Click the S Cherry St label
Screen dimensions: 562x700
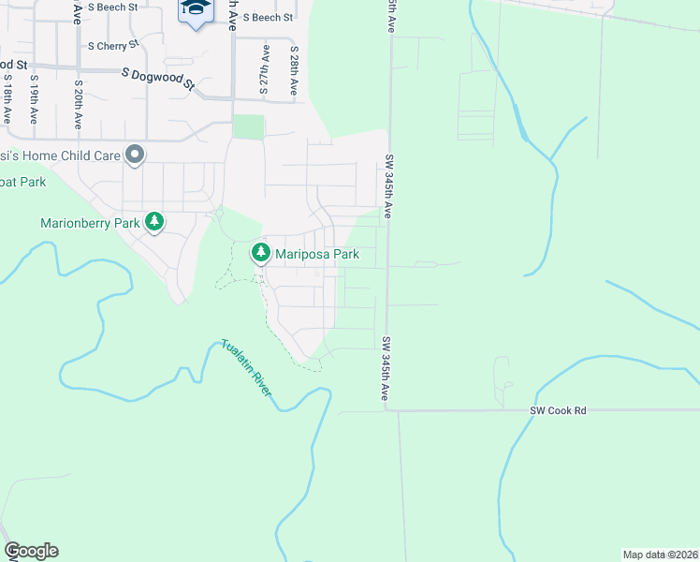click(x=112, y=45)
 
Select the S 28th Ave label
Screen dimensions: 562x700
click(x=294, y=70)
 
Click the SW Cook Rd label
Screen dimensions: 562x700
click(x=558, y=410)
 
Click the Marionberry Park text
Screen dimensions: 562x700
click(x=90, y=223)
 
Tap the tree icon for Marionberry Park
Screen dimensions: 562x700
click(x=154, y=222)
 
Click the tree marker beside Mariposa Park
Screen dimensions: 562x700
click(x=260, y=253)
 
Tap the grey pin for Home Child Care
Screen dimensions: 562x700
click(x=135, y=155)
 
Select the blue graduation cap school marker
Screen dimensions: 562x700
click(x=196, y=9)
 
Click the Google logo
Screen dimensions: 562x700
click(x=31, y=551)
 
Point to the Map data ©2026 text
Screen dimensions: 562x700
click(x=661, y=554)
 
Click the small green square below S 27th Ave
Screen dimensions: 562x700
click(x=248, y=126)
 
